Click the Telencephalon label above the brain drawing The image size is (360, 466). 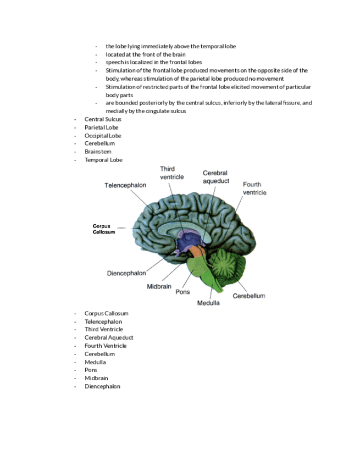tap(125, 185)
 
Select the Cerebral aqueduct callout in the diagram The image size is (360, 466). tap(215, 177)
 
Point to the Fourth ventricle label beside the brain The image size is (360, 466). tap(254, 188)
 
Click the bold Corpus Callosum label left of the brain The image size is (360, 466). tap(104, 229)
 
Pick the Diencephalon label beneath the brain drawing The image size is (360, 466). tap(126, 273)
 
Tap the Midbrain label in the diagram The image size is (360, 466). tap(159, 286)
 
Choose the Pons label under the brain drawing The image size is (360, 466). tap(182, 292)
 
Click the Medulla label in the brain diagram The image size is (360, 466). tap(208, 303)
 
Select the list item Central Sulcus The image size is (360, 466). tap(103, 119)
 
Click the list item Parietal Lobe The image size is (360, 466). tap(101, 127)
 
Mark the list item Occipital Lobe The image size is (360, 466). tap(103, 136)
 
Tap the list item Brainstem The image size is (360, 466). tap(98, 152)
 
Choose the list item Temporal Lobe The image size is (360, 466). tap(103, 160)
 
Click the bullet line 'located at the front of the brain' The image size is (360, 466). tap(146, 54)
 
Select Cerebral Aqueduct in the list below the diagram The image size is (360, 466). tap(109, 337)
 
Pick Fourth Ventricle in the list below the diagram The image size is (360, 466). tap(106, 346)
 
